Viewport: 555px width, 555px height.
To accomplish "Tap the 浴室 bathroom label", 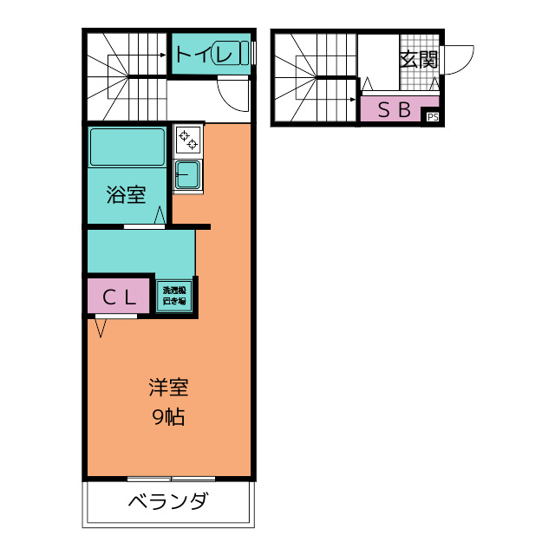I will click(x=126, y=195).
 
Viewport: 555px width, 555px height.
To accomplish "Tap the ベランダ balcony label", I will click(x=169, y=502).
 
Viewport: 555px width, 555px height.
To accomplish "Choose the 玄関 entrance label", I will click(x=419, y=60).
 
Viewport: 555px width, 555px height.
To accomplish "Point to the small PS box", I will click(x=432, y=117).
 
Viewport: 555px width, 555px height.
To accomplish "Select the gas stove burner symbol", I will click(x=188, y=138).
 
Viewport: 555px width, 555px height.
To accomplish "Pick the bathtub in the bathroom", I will click(x=127, y=147).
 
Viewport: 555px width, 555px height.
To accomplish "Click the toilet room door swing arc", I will click(x=234, y=91).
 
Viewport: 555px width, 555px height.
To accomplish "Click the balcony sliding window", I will click(x=171, y=478).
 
